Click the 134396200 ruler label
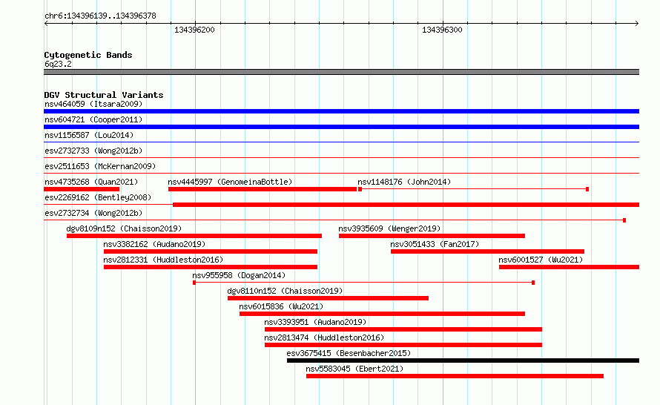[x=194, y=30]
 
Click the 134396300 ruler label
[x=442, y=30]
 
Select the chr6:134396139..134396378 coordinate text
[x=100, y=16]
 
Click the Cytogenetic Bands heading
[x=88, y=55]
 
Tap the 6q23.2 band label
[x=58, y=64]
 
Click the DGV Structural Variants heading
[x=104, y=95]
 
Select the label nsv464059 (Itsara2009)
[x=93, y=104]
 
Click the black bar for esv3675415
[x=463, y=360]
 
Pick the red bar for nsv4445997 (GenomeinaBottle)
[x=263, y=189]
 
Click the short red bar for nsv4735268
[x=82, y=189]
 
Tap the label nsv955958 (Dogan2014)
[x=239, y=275]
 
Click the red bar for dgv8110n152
[x=328, y=298]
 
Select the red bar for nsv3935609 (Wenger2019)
[x=432, y=236]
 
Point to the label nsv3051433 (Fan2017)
[x=435, y=244]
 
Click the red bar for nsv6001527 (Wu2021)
[x=569, y=267]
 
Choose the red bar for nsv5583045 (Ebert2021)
[x=455, y=376]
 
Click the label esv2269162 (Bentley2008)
[x=98, y=197]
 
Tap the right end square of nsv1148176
[x=587, y=189]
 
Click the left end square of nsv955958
[x=194, y=283]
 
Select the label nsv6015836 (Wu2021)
[x=281, y=306]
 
